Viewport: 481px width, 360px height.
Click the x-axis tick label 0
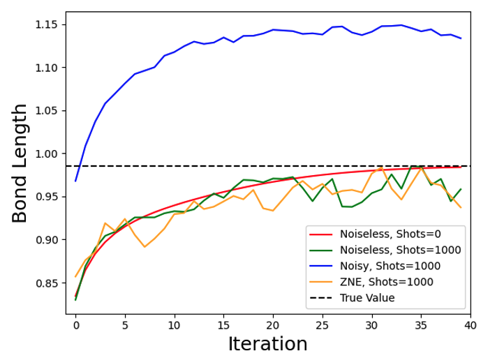coord(75,324)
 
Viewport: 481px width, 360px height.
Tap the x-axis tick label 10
coord(174,324)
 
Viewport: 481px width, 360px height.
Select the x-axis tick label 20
coord(273,324)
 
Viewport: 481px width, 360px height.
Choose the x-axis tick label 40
coord(470,324)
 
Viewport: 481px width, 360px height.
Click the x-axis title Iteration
coord(268,345)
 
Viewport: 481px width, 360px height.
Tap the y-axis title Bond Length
coord(21,163)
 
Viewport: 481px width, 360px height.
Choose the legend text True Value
coord(367,298)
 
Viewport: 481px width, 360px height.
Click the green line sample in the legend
coord(322,250)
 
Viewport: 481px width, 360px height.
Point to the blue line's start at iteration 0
coord(75,181)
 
